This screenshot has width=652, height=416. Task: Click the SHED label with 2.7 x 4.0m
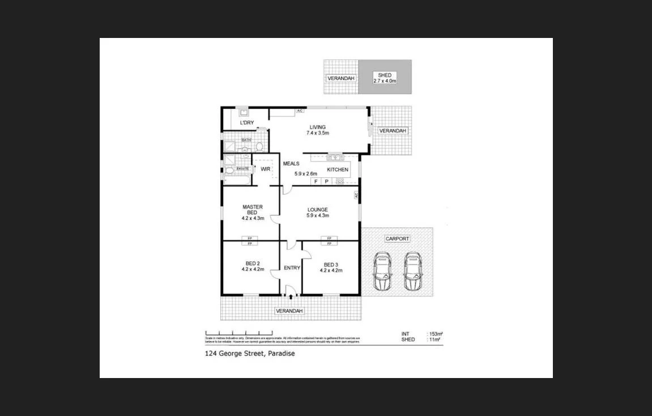tap(385, 78)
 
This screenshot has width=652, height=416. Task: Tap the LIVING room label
tap(317, 130)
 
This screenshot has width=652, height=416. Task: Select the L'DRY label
tap(246, 122)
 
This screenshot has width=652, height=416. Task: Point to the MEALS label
tap(291, 164)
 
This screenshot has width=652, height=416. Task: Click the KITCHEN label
tap(338, 169)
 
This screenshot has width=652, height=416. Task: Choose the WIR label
tap(265, 169)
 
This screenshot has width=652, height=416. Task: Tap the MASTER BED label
tap(253, 212)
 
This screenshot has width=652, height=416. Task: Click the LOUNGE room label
tap(317, 213)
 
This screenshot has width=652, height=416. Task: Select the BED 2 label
tap(253, 266)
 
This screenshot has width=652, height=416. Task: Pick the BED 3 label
tap(331, 267)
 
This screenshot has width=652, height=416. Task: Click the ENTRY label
tap(292, 268)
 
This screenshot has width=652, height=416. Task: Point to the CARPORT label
tap(397, 239)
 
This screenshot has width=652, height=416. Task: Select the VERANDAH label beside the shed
tap(340, 78)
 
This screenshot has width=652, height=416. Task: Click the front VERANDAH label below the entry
tap(289, 311)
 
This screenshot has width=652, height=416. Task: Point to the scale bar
tap(238, 333)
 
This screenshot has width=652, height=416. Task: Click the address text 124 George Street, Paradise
tap(250, 354)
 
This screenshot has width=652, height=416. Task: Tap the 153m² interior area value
tap(435, 334)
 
